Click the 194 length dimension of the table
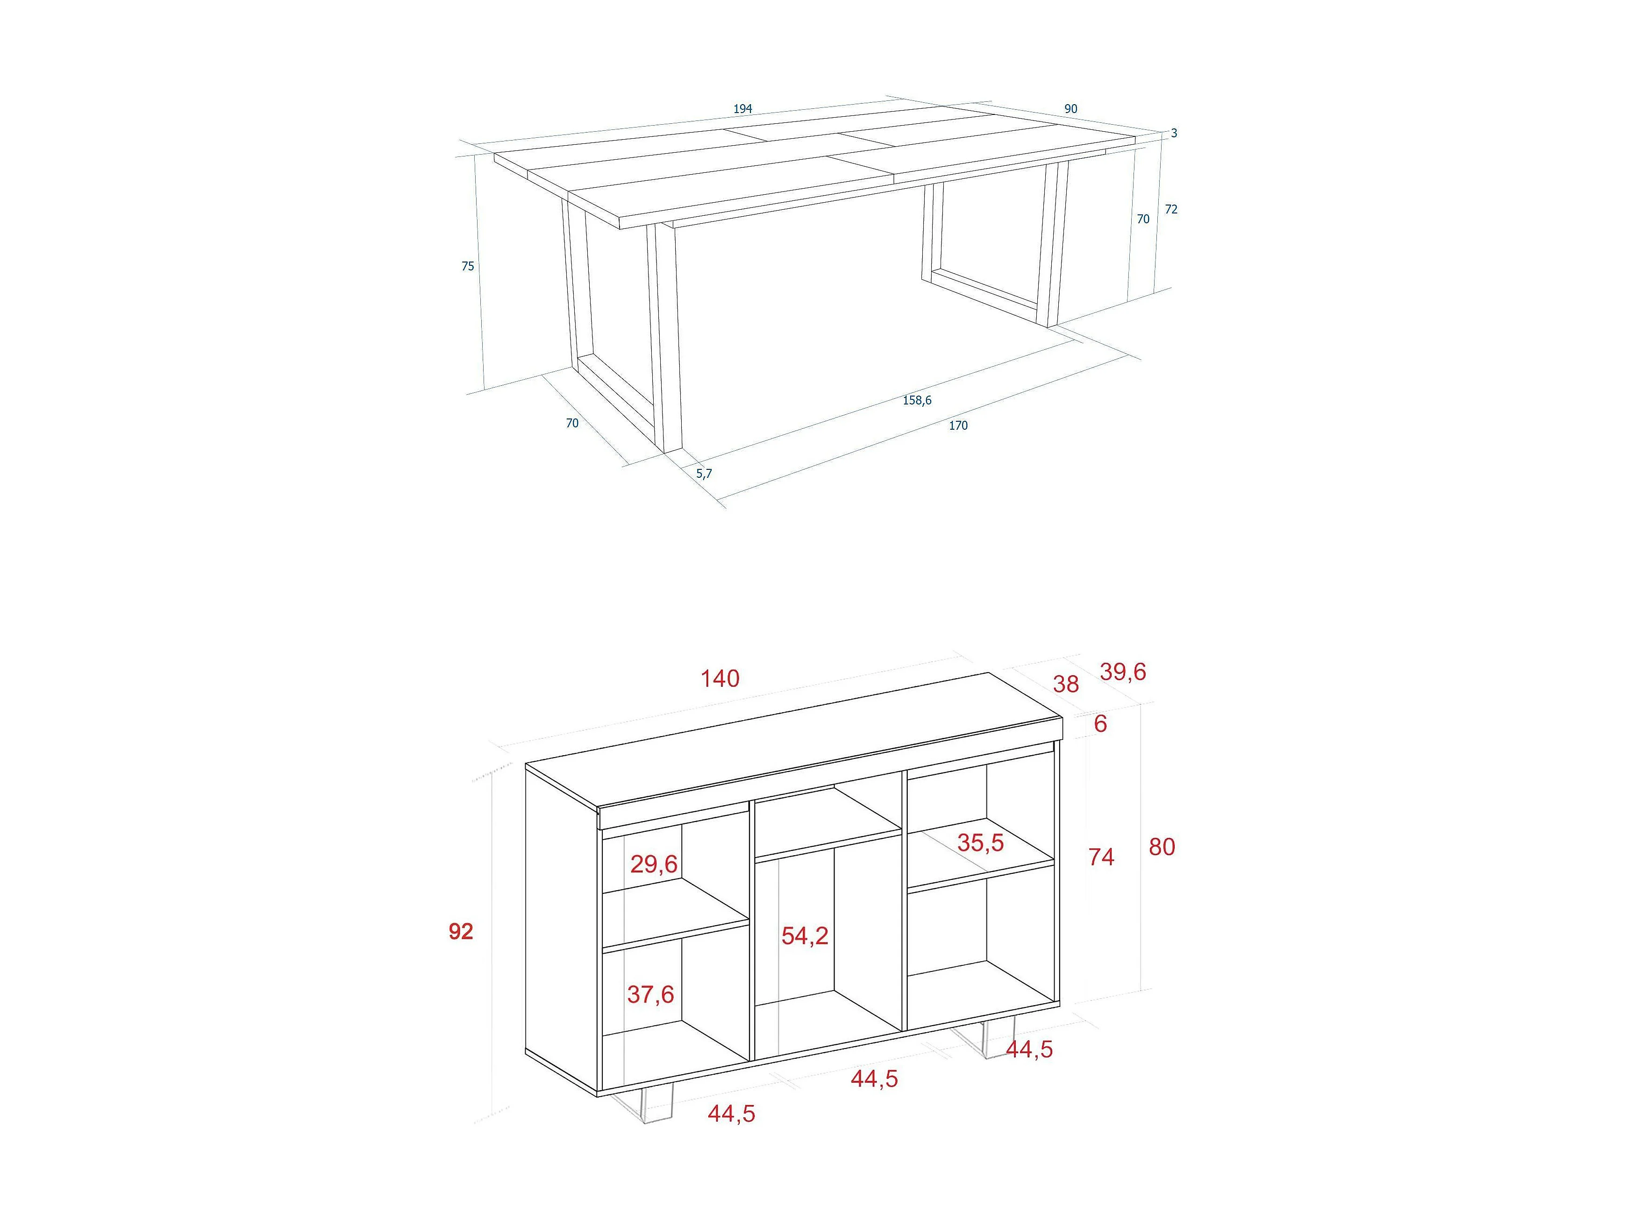pos(742,109)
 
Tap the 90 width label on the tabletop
pos(1071,109)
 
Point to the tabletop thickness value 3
pos(1174,133)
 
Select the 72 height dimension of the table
pos(1171,209)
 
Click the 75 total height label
pos(468,266)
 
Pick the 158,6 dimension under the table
pos(917,400)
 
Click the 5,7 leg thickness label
pos(704,474)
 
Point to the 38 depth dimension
pos(1066,684)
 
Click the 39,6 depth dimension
pos(1122,672)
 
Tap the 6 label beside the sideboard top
pos(1100,724)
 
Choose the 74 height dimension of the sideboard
pos(1101,857)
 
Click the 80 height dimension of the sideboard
pos(1162,847)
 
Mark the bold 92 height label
pos(461,932)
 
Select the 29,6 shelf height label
pos(654,864)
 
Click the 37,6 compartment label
pos(650,994)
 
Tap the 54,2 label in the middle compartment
pos(805,936)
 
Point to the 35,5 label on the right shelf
pos(980,843)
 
